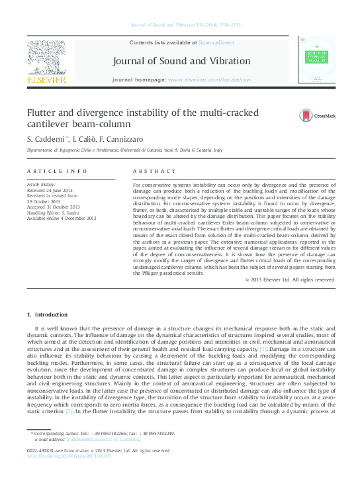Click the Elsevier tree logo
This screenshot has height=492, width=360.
tap(46, 58)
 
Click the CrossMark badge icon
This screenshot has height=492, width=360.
tap(306, 115)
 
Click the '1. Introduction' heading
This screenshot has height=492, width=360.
tap(49, 313)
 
